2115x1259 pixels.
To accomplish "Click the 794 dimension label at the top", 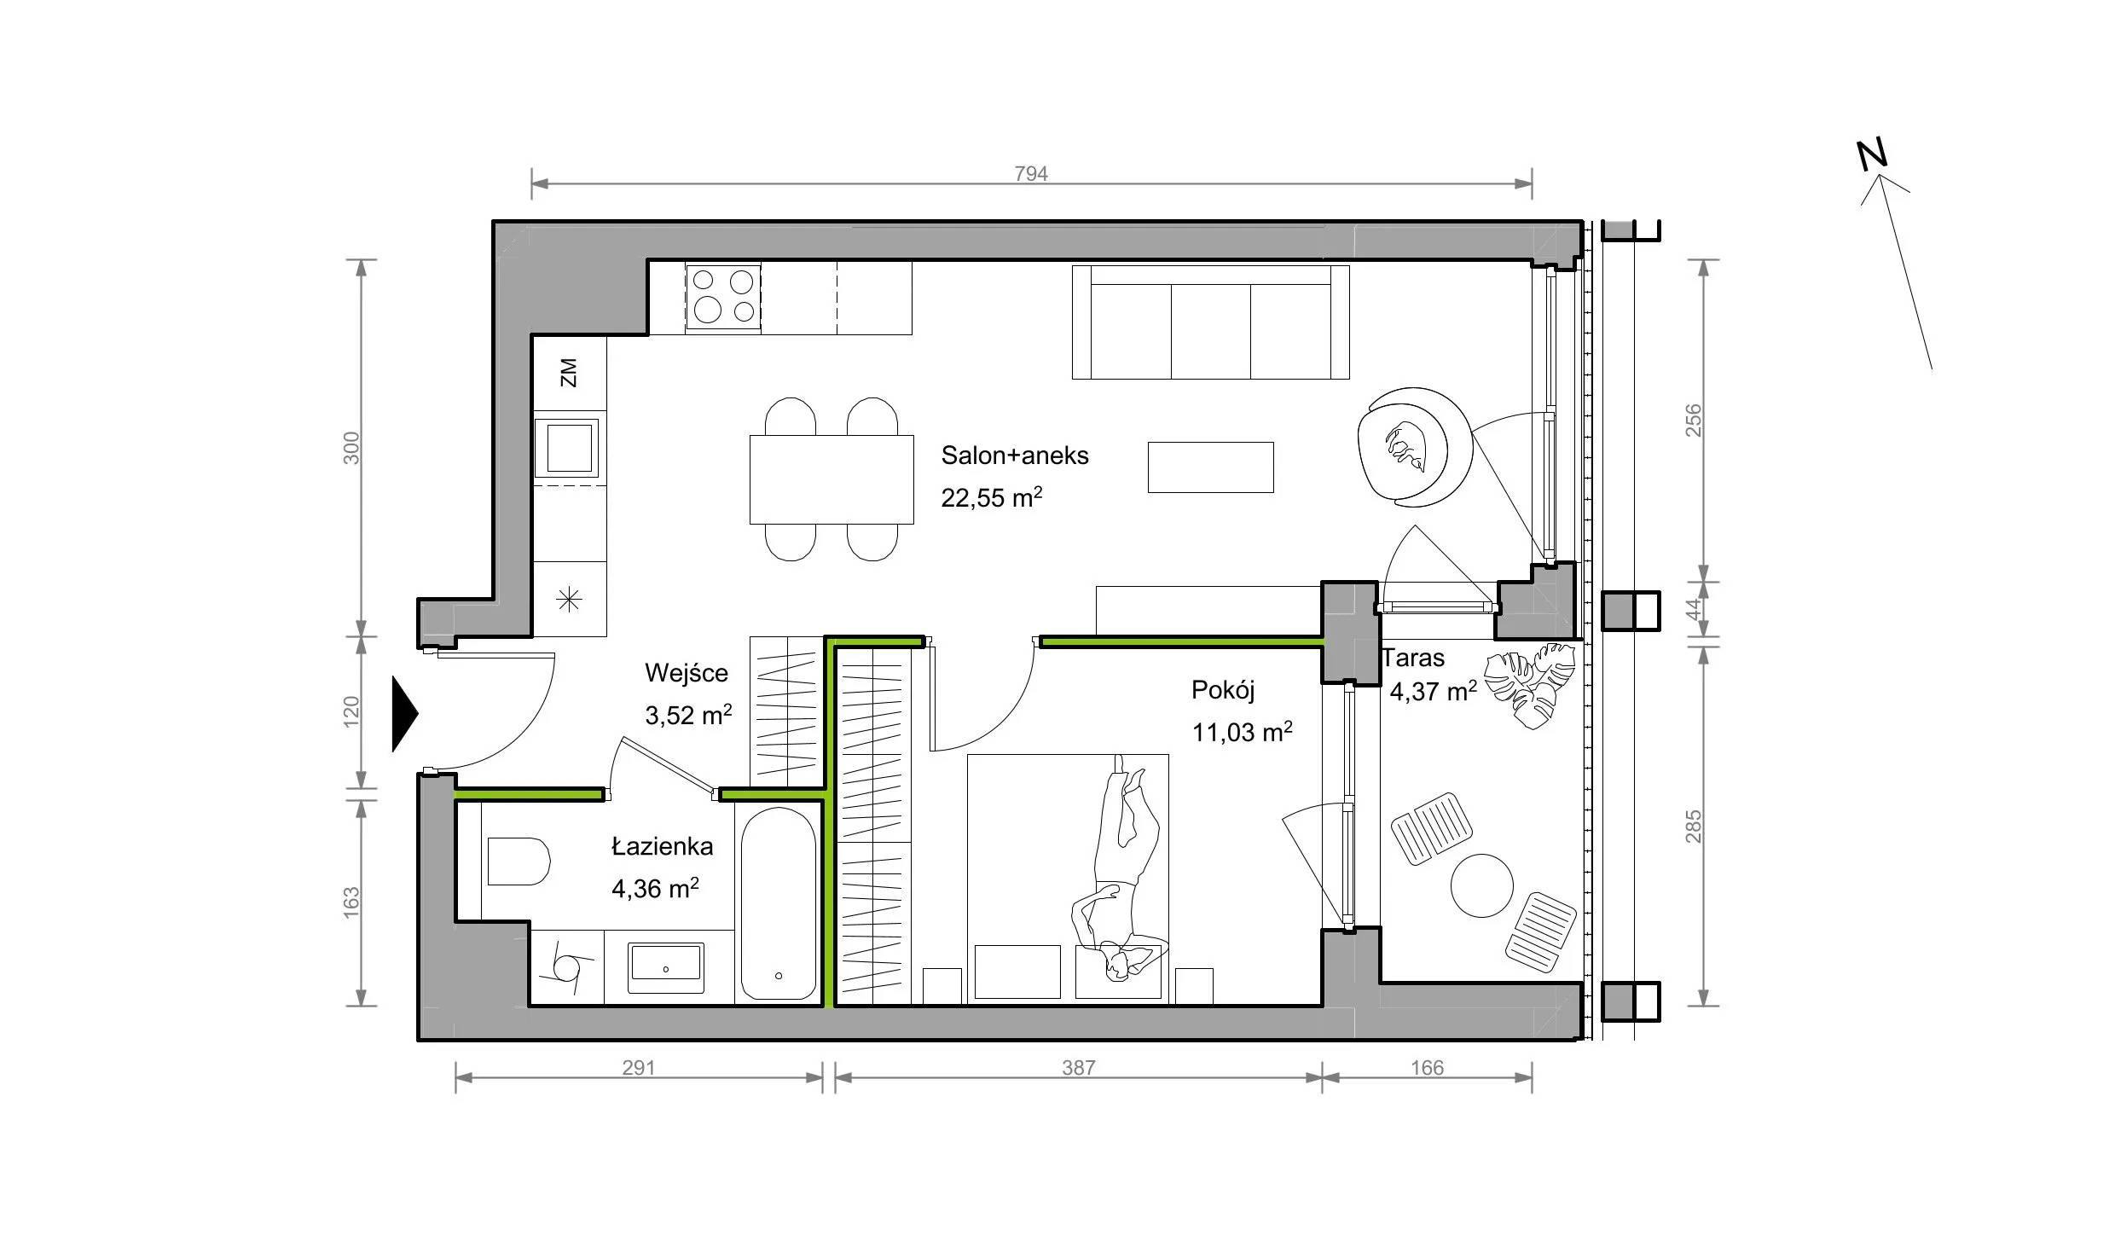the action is point(1030,174).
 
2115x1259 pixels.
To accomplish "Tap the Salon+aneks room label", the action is point(1015,455).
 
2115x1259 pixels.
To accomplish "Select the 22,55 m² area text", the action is point(992,496).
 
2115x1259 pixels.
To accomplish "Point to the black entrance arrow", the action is point(405,714).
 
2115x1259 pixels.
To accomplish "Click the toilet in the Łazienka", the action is point(518,862).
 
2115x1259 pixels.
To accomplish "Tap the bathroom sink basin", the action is point(666,968).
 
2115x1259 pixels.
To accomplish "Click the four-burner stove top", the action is point(723,296).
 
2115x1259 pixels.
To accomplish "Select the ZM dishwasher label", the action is point(569,372).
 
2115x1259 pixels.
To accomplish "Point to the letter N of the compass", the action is point(1873,154).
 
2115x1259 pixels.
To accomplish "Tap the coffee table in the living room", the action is point(1210,467).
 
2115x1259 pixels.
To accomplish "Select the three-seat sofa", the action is point(1210,322).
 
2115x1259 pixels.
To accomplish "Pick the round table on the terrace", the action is point(1482,885).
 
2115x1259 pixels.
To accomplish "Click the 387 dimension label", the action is point(1078,1068).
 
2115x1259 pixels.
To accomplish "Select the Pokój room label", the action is point(1223,689).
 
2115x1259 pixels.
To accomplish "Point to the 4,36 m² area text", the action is point(655,889).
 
